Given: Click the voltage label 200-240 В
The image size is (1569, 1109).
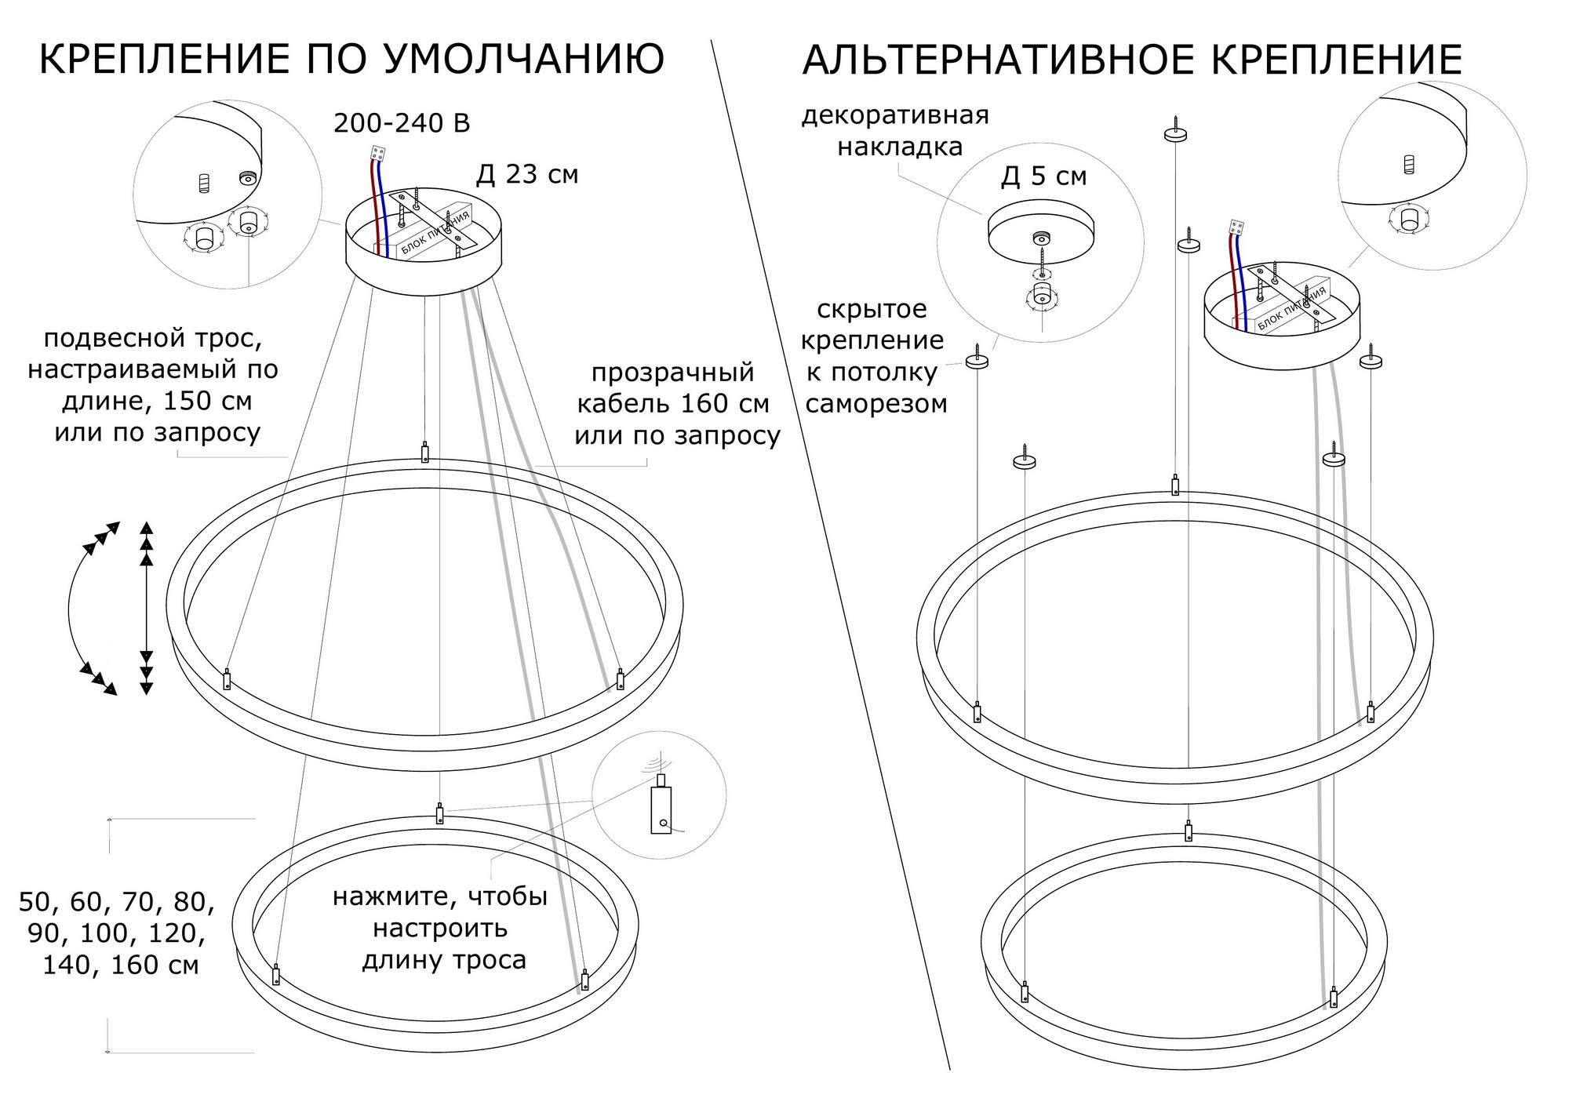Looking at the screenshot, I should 402,123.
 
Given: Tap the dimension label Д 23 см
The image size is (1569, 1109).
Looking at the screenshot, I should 527,174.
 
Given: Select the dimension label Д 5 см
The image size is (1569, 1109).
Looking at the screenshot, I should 1043,176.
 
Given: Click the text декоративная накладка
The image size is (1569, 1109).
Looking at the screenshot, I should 895,130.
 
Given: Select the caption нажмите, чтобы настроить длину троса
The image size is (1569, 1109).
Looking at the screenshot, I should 440,929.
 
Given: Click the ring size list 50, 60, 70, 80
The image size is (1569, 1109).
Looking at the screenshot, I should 117,902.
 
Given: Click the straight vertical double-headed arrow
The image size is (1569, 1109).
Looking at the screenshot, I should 146,608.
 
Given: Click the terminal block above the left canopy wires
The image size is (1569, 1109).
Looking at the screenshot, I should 378,155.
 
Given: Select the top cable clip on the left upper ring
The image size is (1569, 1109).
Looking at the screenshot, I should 425,453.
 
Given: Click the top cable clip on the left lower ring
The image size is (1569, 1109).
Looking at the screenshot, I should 440,813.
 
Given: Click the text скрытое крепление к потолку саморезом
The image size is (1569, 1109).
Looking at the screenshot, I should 876,356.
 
